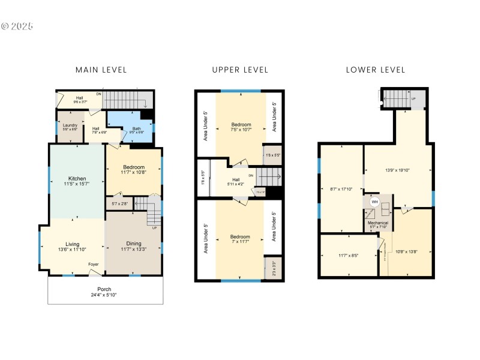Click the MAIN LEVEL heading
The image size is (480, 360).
[x=101, y=70]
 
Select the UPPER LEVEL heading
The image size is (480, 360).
[x=240, y=70]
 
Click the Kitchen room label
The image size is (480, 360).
[x=77, y=179]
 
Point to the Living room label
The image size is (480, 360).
[x=73, y=244]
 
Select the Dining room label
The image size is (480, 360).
[x=134, y=244]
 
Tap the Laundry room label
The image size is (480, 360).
[x=70, y=125]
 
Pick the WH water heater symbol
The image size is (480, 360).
[x=374, y=202]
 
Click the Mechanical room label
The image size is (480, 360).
[x=378, y=223]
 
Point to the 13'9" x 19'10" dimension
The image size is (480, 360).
[x=398, y=170]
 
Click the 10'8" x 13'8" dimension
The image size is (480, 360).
[x=406, y=252]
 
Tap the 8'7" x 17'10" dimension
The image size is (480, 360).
[x=341, y=190]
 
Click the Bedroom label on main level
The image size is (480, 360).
[x=133, y=167]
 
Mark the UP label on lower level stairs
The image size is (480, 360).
[x=413, y=98]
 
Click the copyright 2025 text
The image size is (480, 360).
[x=17, y=26]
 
